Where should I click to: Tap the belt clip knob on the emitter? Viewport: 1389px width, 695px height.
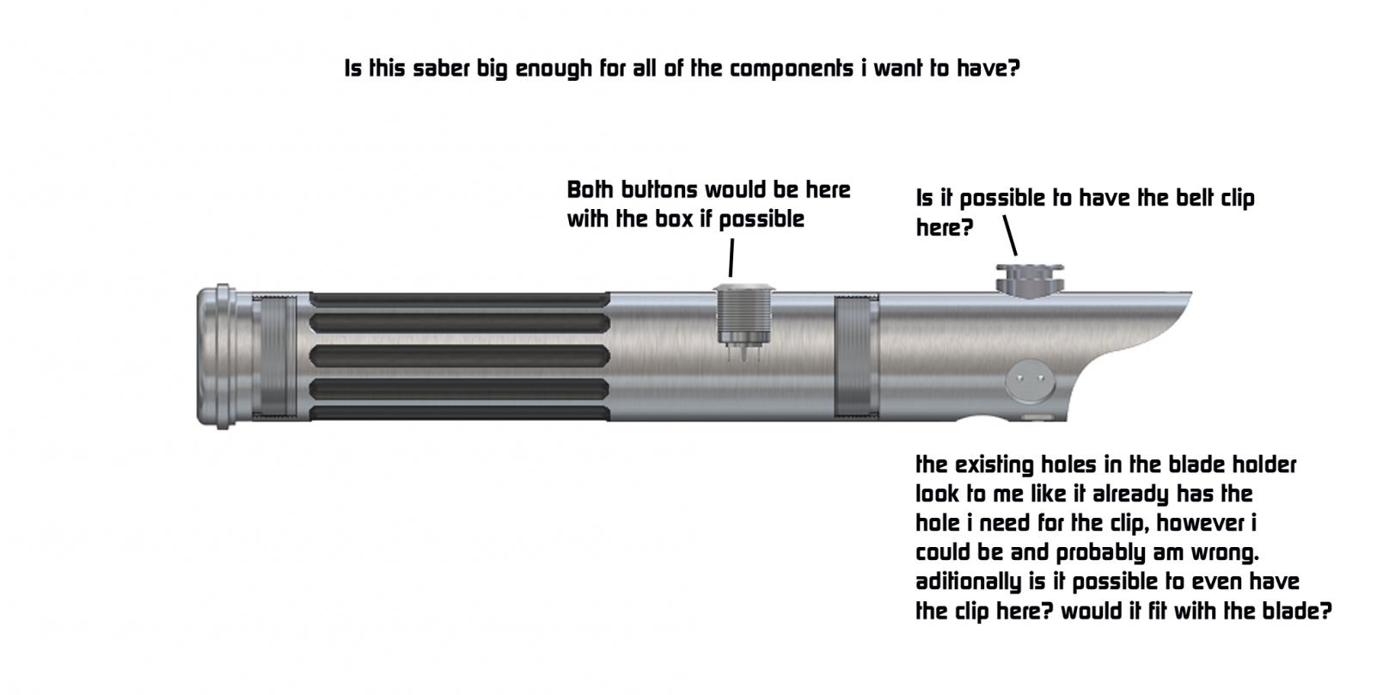[1030, 277]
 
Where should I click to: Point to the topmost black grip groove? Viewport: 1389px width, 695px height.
[460, 299]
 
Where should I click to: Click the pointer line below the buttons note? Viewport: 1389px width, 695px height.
[731, 257]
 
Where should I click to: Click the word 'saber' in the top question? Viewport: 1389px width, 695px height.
[441, 69]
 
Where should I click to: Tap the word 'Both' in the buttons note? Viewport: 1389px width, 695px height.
[590, 189]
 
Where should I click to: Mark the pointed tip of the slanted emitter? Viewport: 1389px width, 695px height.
[1190, 294]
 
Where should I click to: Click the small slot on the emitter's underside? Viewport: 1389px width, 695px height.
[1038, 417]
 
